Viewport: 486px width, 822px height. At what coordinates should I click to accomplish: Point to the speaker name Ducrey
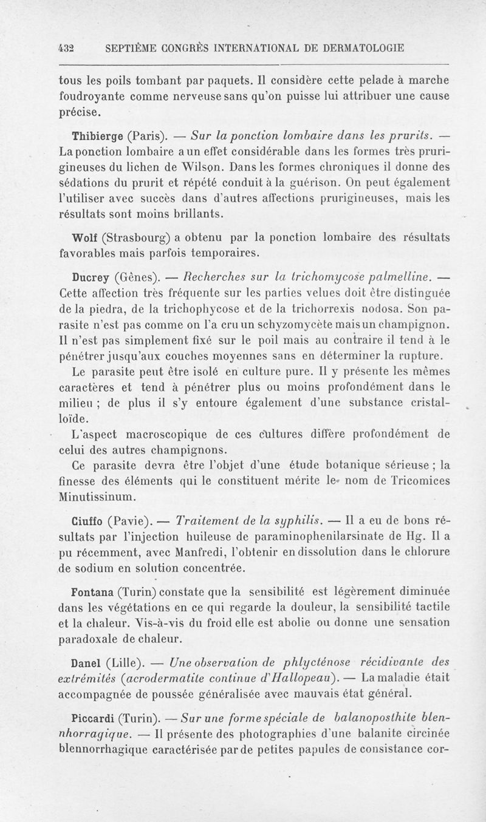tap(91, 278)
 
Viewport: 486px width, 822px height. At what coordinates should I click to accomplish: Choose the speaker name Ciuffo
tap(88, 521)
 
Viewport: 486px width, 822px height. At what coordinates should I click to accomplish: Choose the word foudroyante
tap(94, 96)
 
